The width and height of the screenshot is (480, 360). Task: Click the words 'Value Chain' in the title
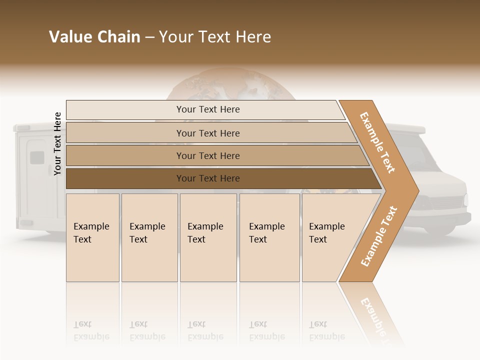pyautogui.click(x=94, y=37)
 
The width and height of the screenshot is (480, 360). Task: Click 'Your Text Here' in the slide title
pyautogui.click(x=215, y=37)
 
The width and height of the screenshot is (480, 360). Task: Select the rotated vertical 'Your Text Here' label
pyautogui.click(x=57, y=143)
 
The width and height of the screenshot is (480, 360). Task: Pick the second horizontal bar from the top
pyautogui.click(x=207, y=133)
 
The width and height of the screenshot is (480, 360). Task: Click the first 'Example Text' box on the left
pyautogui.click(x=92, y=237)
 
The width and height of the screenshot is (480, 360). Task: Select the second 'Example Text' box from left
pyautogui.click(x=149, y=237)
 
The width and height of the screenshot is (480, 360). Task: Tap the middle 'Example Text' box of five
pyautogui.click(x=208, y=237)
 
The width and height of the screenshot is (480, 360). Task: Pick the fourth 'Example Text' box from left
pyautogui.click(x=269, y=237)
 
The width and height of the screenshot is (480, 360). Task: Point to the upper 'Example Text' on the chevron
pyautogui.click(x=377, y=142)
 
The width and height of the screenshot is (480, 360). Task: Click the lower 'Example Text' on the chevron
pyautogui.click(x=378, y=236)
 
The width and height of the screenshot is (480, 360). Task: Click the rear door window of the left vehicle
pyautogui.click(x=37, y=157)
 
